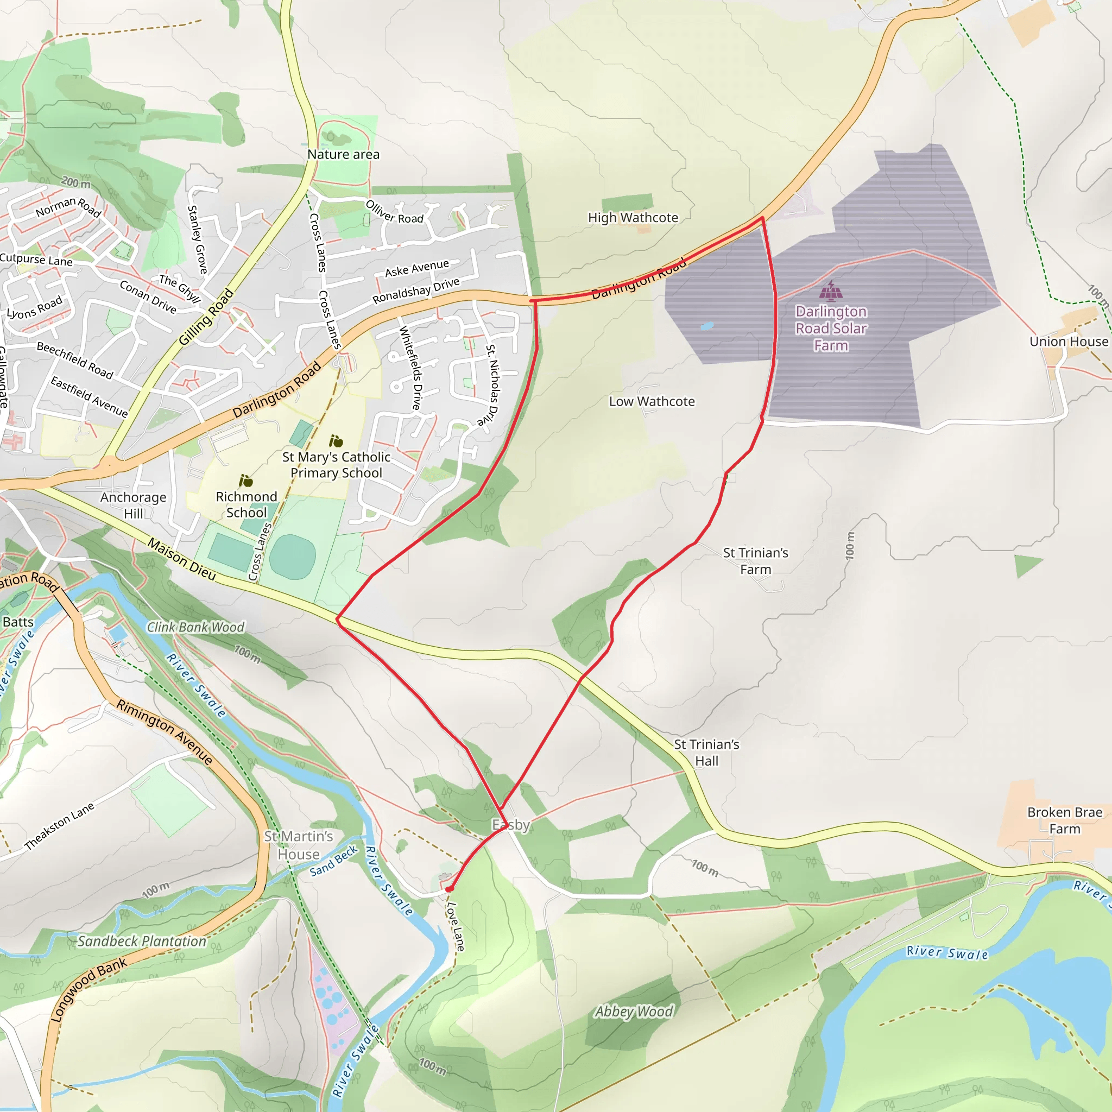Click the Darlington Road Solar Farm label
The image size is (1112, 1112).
[831, 328]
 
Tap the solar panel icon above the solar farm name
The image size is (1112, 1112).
[831, 291]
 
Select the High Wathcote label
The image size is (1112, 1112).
[633, 218]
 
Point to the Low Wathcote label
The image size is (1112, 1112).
[652, 401]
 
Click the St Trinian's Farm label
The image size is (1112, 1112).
[755, 560]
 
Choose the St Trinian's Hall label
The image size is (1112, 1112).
[706, 752]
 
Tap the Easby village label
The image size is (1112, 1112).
[510, 825]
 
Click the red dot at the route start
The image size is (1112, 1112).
[449, 889]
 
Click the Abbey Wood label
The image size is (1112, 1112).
[634, 1011]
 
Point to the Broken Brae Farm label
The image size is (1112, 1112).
[1064, 820]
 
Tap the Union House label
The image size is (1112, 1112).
[1068, 342]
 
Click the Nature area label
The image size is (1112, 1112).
[343, 154]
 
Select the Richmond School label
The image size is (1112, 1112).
[247, 504]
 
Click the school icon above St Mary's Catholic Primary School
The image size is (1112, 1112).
[336, 441]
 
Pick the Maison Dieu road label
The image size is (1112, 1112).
[182, 559]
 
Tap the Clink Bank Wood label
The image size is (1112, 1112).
[195, 627]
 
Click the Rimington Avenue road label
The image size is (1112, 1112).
[165, 731]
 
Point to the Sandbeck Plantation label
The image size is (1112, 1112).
[142, 941]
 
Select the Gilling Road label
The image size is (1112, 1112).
[206, 317]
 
